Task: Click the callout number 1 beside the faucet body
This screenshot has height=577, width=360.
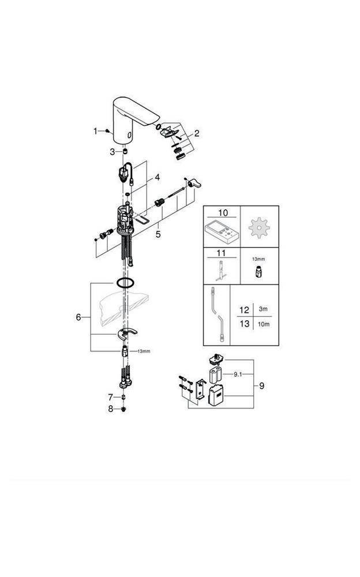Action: pyautogui.click(x=96, y=131)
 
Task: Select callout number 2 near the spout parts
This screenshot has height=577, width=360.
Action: pyautogui.click(x=197, y=133)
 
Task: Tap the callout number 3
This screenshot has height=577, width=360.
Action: pyautogui.click(x=113, y=151)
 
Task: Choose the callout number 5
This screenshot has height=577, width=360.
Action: pyautogui.click(x=157, y=234)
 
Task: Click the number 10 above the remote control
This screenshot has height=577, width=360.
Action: pyautogui.click(x=222, y=213)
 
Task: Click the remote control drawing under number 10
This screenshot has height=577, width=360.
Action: pyautogui.click(x=222, y=233)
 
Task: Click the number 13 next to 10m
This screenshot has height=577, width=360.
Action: pyautogui.click(x=244, y=324)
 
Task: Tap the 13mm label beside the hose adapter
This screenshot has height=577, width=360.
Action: pyautogui.click(x=144, y=351)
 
